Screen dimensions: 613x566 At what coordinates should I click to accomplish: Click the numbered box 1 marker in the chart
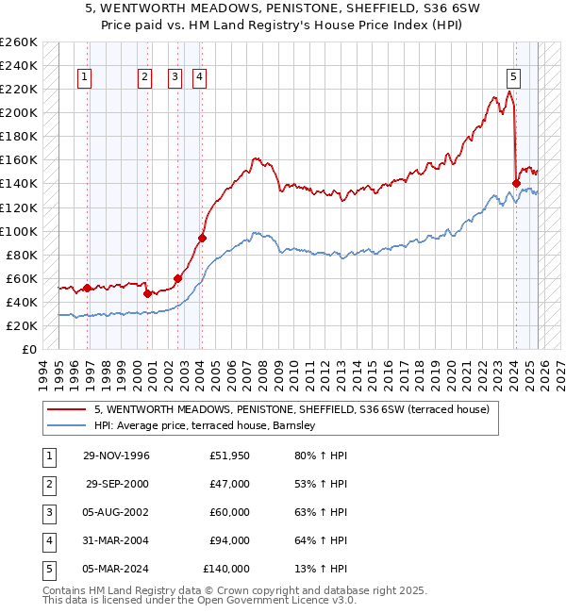[x=86, y=77]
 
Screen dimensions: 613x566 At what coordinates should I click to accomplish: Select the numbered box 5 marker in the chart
[x=513, y=77]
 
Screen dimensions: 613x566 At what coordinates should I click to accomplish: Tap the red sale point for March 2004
[x=202, y=238]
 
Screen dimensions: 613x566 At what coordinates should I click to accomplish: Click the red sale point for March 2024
[x=516, y=183]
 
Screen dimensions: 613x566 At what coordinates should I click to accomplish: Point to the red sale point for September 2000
[x=147, y=293]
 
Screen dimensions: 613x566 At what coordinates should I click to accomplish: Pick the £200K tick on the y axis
[x=19, y=112]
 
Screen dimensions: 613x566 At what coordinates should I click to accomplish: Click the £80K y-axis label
[x=22, y=255]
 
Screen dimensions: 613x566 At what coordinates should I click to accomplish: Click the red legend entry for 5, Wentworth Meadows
[x=291, y=410]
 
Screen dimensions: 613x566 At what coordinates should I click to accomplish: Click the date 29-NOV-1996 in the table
[x=117, y=456]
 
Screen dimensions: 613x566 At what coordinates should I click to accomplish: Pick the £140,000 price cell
[x=226, y=569]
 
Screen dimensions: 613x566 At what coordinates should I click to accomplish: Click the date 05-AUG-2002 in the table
[x=117, y=512]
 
